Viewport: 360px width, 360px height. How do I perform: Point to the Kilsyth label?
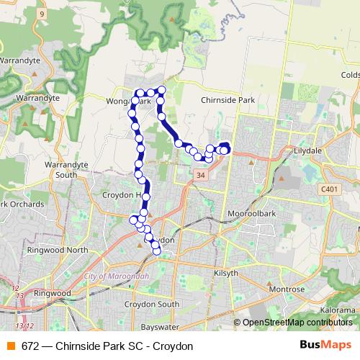pos(225,274)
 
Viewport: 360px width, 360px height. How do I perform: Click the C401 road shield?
pos(329,189)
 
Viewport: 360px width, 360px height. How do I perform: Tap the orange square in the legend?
pos(12,346)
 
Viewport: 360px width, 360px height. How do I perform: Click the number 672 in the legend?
pos(30,346)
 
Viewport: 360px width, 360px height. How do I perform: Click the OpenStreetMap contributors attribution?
pos(298,322)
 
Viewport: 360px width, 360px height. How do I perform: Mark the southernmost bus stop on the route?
pos(156,250)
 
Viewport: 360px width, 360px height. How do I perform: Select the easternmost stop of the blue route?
pos(225,149)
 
